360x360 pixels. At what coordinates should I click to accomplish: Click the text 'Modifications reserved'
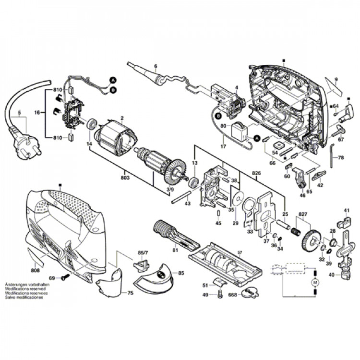[25, 289]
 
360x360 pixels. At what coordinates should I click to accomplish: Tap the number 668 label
[232, 295]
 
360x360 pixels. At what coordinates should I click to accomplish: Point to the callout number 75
[131, 293]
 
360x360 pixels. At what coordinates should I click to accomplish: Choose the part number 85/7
[143, 252]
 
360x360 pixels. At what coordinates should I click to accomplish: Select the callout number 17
[223, 147]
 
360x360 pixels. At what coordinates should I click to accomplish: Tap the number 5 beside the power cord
[19, 113]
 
